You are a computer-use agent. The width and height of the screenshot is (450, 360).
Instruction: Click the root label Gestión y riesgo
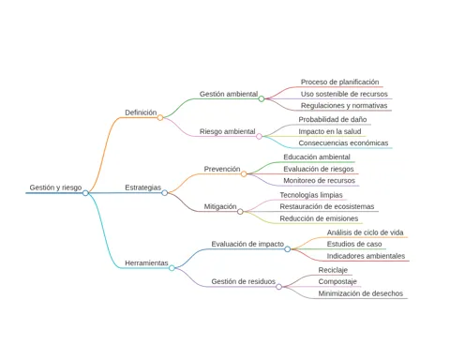tap(55, 187)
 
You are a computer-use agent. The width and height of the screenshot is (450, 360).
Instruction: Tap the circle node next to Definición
tap(160, 118)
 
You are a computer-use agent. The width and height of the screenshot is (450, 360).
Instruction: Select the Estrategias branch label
tap(143, 187)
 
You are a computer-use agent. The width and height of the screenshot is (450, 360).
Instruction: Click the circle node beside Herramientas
tap(172, 268)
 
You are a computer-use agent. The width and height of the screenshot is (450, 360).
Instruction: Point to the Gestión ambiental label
tap(229, 94)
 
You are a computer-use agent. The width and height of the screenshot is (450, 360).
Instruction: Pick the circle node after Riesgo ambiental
tap(259, 136)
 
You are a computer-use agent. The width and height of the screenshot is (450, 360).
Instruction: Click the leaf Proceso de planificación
tap(339, 82)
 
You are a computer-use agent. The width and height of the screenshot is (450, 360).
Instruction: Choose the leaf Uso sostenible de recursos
tap(344, 94)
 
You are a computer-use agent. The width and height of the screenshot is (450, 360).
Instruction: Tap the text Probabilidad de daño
tap(333, 119)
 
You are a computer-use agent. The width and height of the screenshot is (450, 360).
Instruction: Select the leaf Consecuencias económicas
tap(343, 143)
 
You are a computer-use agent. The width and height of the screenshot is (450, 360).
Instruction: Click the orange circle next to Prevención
tap(244, 174)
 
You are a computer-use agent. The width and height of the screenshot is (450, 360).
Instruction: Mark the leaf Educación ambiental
tap(317, 157)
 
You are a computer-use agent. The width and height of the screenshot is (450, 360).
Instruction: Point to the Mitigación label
tap(220, 206)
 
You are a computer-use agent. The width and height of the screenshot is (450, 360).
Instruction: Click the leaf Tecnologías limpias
tap(311, 195)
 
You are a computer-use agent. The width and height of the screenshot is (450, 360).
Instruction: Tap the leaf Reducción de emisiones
tap(319, 218)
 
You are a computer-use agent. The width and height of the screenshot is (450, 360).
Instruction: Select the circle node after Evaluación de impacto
tap(288, 249)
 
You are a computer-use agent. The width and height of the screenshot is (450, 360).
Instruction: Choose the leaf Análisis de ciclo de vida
tap(365, 232)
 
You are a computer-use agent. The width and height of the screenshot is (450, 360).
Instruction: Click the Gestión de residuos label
tap(243, 281)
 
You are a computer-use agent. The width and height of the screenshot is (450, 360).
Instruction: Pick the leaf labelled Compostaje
tap(337, 281)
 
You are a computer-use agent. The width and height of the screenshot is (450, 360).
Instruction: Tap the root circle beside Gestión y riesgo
tap(85, 193)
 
